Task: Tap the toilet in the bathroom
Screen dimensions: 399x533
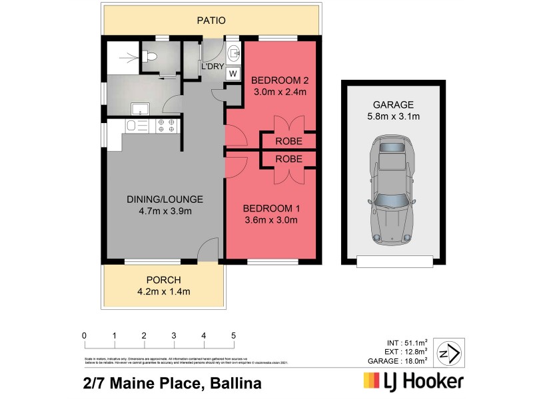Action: (x=151, y=57)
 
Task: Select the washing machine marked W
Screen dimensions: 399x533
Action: (x=233, y=74)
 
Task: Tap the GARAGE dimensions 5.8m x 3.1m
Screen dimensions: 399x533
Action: (x=393, y=116)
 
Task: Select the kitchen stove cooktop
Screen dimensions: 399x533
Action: (x=165, y=125)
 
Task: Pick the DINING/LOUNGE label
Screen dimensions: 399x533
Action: (x=165, y=199)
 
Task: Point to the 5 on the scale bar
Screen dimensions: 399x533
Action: (x=233, y=335)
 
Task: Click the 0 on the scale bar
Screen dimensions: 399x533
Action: (x=84, y=335)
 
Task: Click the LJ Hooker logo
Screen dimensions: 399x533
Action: (x=412, y=382)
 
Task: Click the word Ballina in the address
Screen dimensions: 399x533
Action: (x=236, y=382)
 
